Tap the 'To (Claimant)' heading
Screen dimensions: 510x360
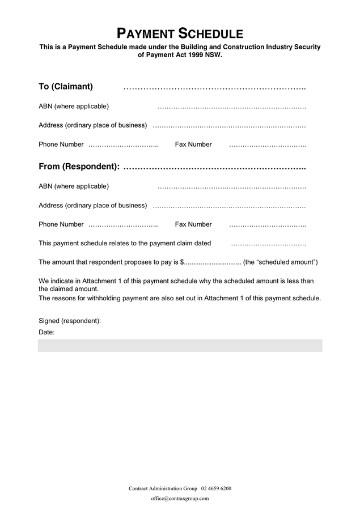pyautogui.click(x=66, y=87)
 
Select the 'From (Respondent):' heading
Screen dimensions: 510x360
pyautogui.click(x=79, y=167)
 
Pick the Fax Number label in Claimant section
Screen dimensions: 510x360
pyautogui.click(x=193, y=144)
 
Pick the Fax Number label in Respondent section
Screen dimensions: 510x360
pyautogui.click(x=193, y=224)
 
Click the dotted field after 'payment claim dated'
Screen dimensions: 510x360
pyautogui.click(x=268, y=245)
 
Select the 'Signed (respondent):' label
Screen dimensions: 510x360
pyautogui.click(x=70, y=321)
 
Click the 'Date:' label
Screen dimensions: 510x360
pyautogui.click(x=46, y=332)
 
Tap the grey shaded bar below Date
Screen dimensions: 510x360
pyautogui.click(x=180, y=346)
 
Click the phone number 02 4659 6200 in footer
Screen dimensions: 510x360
pyautogui.click(x=216, y=488)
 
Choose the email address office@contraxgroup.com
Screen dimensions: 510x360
pyautogui.click(x=180, y=499)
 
